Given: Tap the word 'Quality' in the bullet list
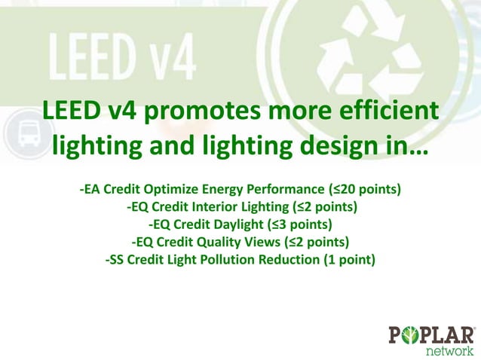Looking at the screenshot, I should (215, 242).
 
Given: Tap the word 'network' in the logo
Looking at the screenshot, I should (450, 350).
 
